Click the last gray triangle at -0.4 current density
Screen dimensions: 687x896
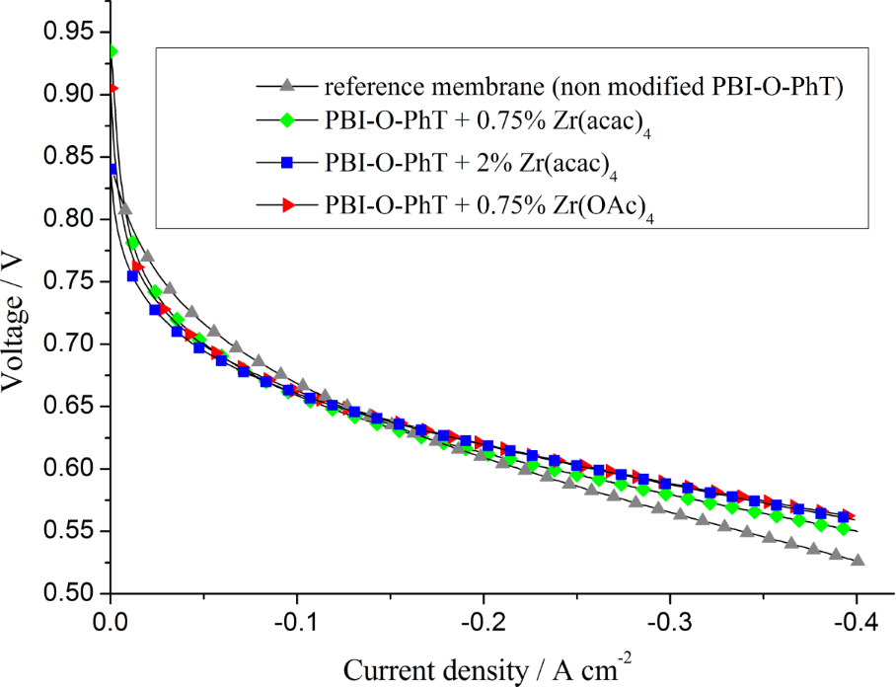click(858, 560)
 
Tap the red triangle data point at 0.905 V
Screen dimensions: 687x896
click(113, 88)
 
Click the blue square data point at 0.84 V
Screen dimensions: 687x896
click(112, 169)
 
